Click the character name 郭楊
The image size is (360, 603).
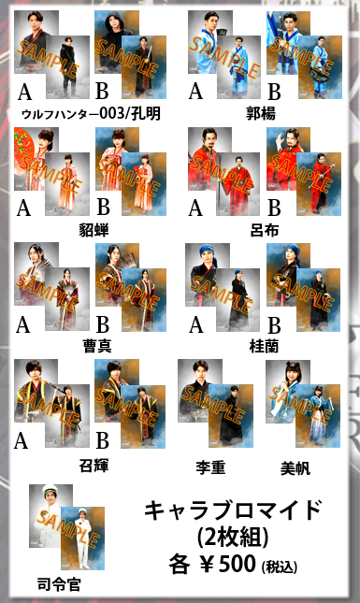coord(261,113)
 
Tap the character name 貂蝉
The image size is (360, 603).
coord(94,230)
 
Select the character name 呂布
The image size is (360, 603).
coord(265,230)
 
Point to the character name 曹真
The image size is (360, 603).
coord(97,346)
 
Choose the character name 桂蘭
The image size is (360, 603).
coord(265,346)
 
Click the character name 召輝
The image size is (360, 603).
coord(94,466)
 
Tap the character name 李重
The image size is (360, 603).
coord(210,468)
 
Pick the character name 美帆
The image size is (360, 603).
coord(295,468)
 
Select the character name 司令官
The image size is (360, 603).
coord(59,584)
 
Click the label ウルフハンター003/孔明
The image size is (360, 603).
coord(91,114)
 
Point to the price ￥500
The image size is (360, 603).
coord(228,564)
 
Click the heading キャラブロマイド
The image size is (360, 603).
coord(233,510)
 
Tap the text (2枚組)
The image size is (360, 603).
coord(233,537)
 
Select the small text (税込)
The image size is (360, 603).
coord(280,567)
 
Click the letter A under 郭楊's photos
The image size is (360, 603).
coord(195,92)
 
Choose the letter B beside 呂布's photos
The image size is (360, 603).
coord(274,208)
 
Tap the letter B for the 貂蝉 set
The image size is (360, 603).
coord(103,207)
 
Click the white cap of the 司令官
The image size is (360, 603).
coord(50,490)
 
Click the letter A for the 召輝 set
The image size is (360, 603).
coord(22,440)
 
